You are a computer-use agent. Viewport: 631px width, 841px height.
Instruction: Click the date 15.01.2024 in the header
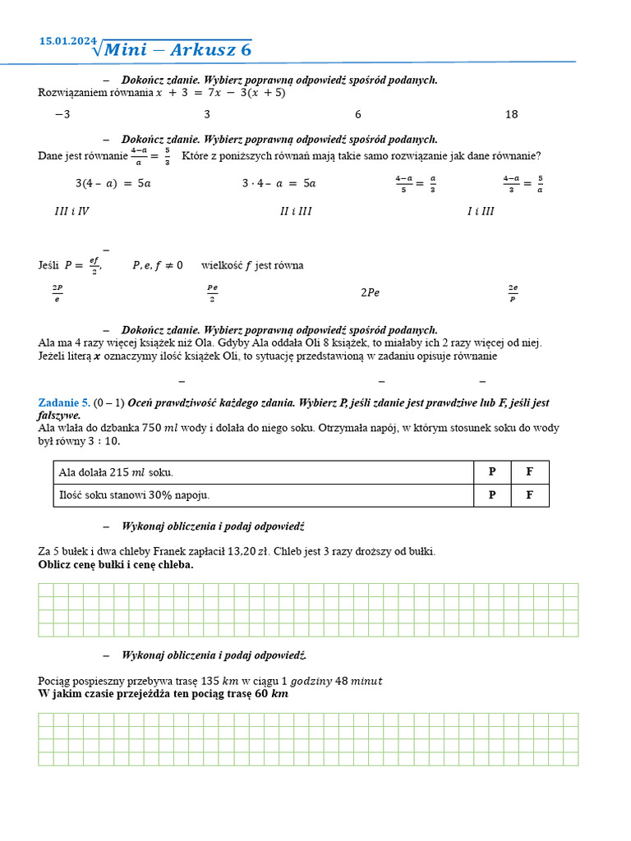pos(67,41)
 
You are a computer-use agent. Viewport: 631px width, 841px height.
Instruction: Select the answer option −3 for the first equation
pos(62,115)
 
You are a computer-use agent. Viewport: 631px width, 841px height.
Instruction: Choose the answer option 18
pos(511,115)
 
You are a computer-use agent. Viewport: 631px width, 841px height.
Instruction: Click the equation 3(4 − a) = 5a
pos(113,183)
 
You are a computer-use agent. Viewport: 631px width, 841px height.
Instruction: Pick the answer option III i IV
pos(71,211)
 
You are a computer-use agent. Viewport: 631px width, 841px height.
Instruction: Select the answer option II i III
pos(296,211)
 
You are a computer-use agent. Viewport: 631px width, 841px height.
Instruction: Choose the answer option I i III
pos(481,211)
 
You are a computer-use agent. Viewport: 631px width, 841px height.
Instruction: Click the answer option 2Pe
pos(370,292)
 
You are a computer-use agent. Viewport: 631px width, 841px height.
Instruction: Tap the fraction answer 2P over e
pos(57,293)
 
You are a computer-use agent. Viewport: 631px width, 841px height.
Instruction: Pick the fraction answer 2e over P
pos(513,293)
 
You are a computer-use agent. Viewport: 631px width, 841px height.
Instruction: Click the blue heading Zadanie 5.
pos(64,402)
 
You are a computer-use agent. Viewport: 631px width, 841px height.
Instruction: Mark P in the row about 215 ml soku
pos(492,472)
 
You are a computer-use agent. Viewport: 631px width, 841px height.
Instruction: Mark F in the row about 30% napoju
pos(530,495)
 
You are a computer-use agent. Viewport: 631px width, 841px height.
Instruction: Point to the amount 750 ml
pos(162,428)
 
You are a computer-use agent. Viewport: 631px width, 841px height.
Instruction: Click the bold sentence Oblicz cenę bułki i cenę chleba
pos(116,565)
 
